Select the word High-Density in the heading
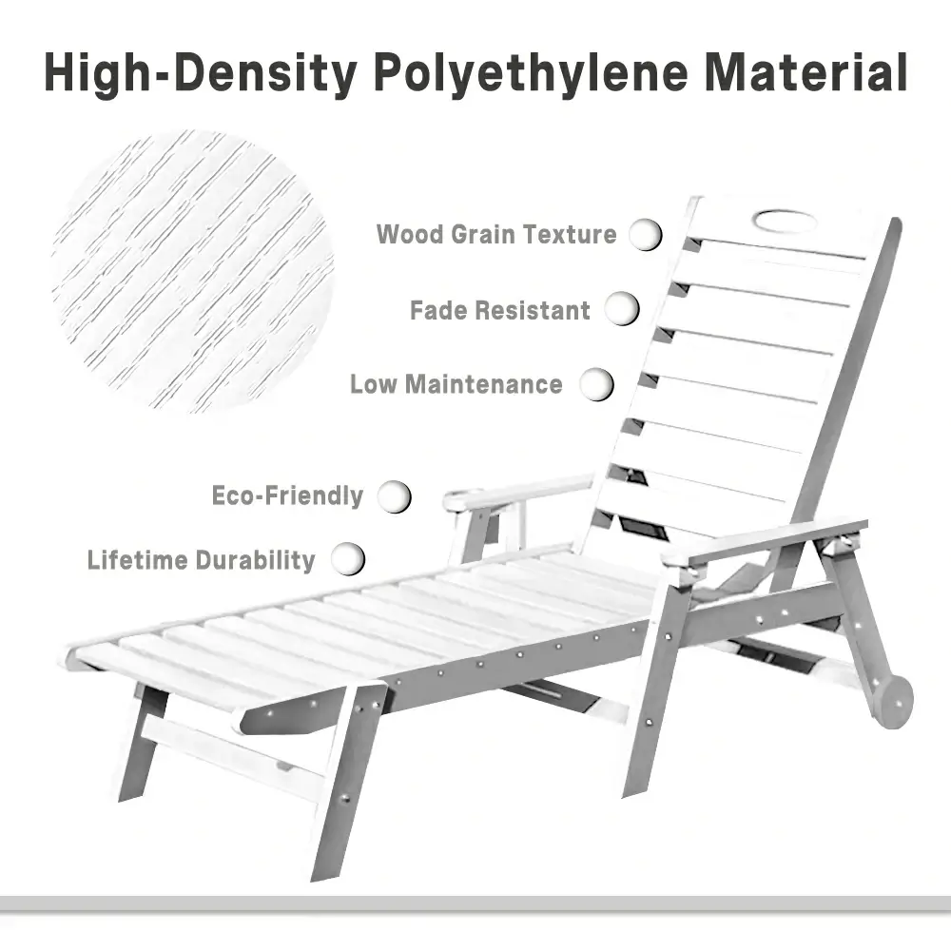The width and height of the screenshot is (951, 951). tap(199, 73)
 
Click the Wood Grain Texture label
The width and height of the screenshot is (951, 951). tap(496, 234)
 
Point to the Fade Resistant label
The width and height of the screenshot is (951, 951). tap(500, 310)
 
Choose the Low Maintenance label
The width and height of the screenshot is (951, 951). tap(456, 384)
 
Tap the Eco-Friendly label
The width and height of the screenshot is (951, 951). tap(287, 495)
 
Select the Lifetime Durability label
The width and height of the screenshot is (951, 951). tap(201, 559)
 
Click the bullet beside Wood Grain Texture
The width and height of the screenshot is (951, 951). tap(646, 234)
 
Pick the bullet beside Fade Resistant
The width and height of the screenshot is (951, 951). tap(622, 309)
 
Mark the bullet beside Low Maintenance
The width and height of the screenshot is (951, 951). tap(597, 384)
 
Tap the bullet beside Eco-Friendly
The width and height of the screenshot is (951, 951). tap(395, 495)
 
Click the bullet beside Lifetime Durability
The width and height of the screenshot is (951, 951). tap(348, 558)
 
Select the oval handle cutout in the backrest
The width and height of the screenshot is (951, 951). tap(785, 222)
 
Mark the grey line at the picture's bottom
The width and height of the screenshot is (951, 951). tap(475, 902)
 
